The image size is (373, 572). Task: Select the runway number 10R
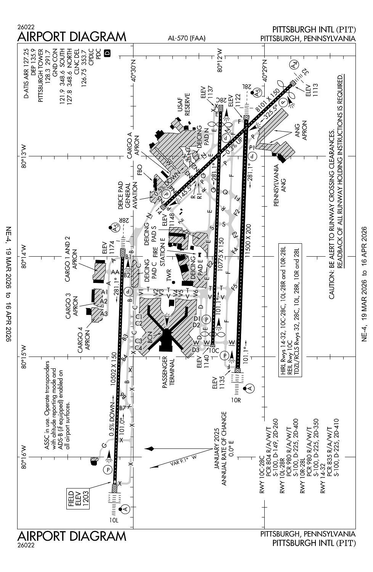pyautogui.click(x=236, y=400)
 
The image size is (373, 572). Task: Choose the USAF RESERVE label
pyautogui.click(x=183, y=104)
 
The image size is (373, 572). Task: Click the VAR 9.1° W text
pyautogui.click(x=183, y=461)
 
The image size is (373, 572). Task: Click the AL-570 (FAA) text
pyautogui.click(x=186, y=38)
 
